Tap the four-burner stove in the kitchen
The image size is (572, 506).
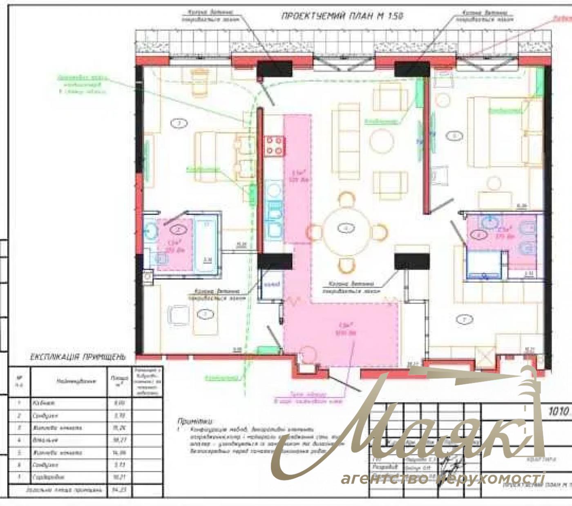tap(274, 146)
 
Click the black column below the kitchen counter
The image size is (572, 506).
tap(275, 262)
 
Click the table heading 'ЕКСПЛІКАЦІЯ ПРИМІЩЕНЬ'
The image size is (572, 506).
tap(77, 357)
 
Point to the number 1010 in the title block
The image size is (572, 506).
tap(559, 412)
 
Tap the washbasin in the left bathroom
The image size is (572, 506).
tap(150, 232)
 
